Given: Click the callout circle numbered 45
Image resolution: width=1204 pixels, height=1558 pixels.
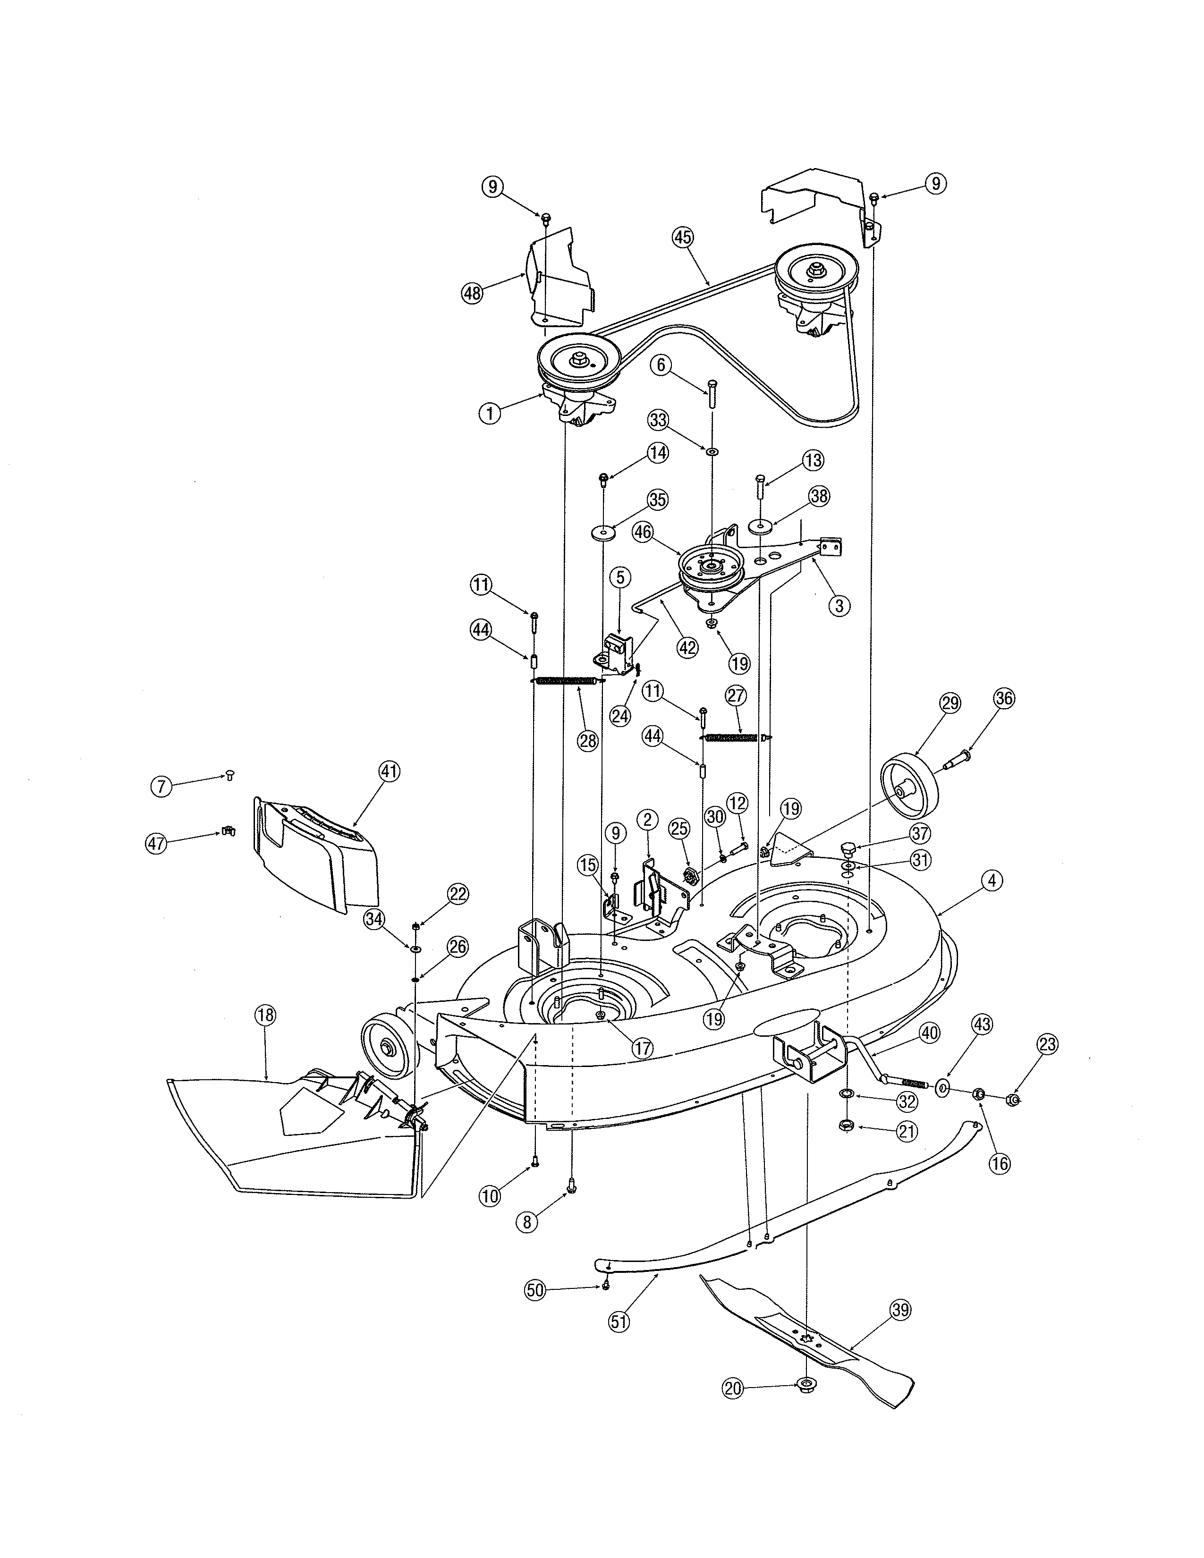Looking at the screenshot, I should [683, 237].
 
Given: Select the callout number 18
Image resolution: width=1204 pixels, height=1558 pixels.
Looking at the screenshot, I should [265, 1015].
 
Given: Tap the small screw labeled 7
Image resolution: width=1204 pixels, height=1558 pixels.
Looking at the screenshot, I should [229, 774].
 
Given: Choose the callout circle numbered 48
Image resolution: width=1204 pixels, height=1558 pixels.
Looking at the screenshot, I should [472, 293].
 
